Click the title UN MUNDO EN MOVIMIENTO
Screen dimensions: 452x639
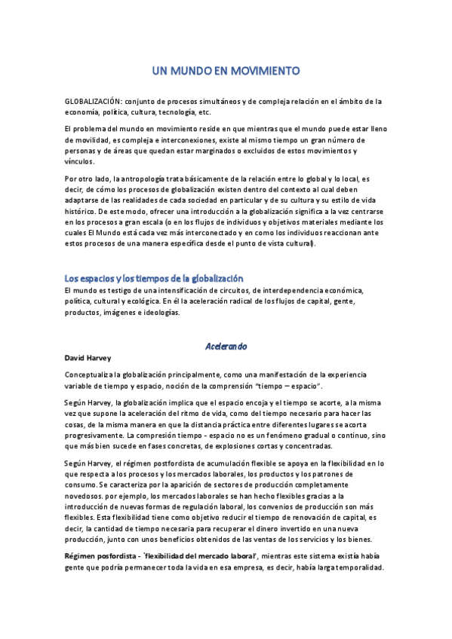pyautogui.click(x=226, y=71)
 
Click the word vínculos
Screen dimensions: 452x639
pyautogui.click(x=80, y=161)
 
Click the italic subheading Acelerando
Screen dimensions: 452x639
pyautogui.click(x=226, y=346)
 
